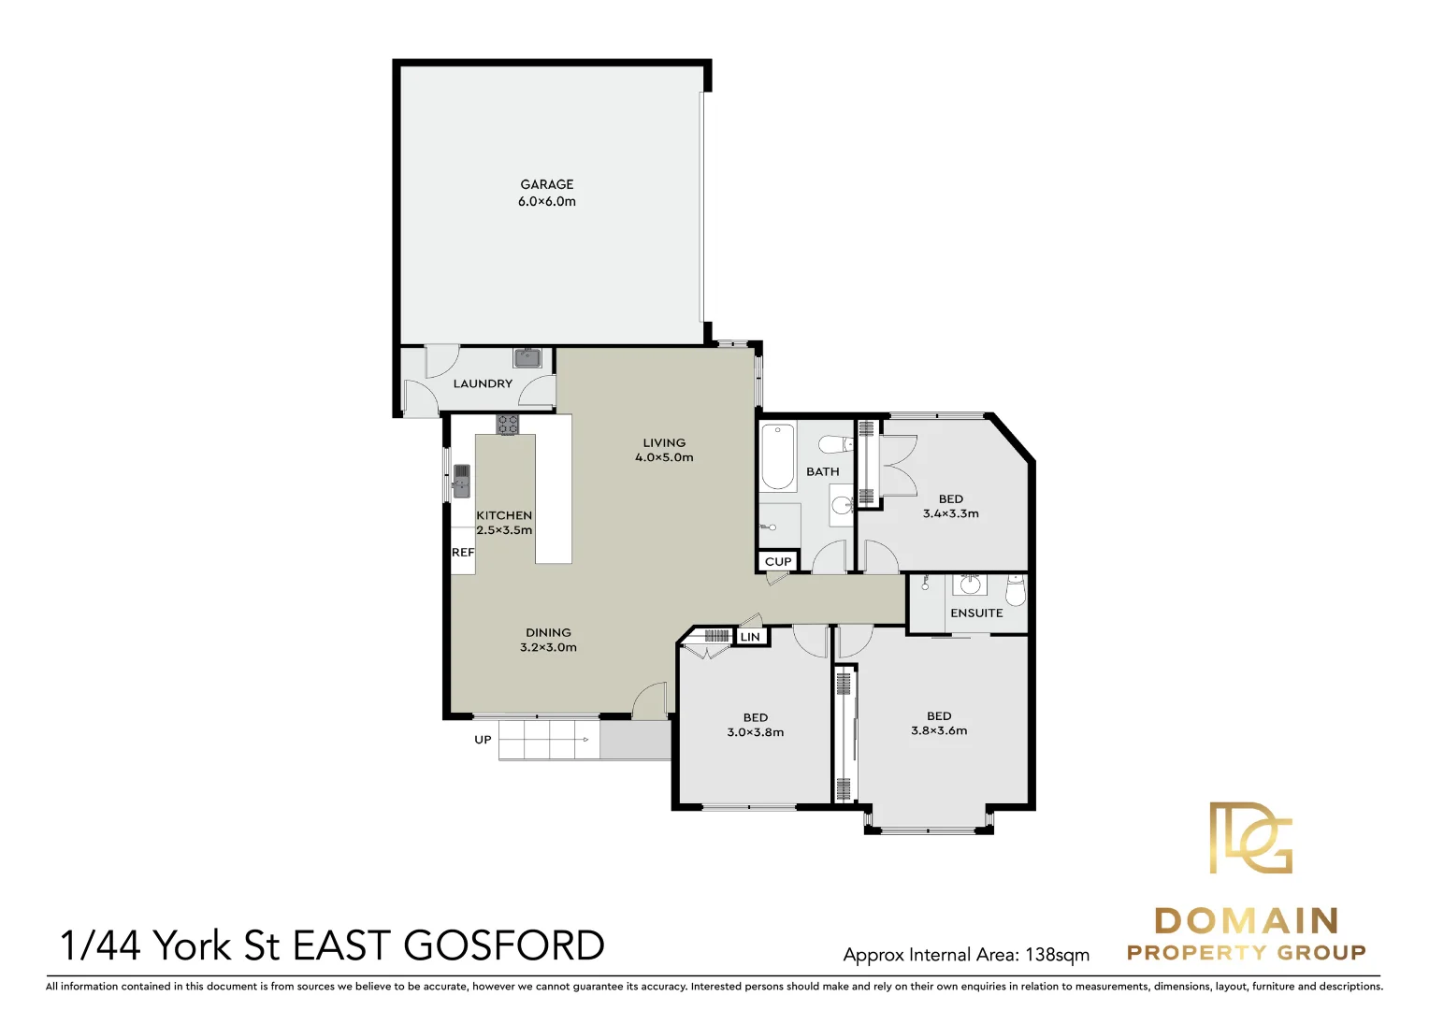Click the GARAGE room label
pyautogui.click(x=547, y=184)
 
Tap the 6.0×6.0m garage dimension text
pyautogui.click(x=547, y=202)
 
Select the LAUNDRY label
pyautogui.click(x=483, y=383)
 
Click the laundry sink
pyautogui.click(x=527, y=358)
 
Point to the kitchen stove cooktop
pyautogui.click(x=508, y=425)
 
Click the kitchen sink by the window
pyautogui.click(x=461, y=481)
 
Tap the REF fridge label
pyautogui.click(x=463, y=553)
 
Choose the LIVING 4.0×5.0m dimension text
pyautogui.click(x=664, y=457)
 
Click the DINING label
pyautogui.click(x=548, y=632)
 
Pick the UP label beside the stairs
pyautogui.click(x=483, y=740)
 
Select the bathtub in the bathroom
pyautogui.click(x=778, y=456)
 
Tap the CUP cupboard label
pyautogui.click(x=778, y=561)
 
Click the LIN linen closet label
pyautogui.click(x=750, y=637)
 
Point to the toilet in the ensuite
pyautogui.click(x=1015, y=590)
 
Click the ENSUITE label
pyautogui.click(x=976, y=613)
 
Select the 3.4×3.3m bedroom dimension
pyautogui.click(x=950, y=513)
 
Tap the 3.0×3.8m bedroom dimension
pyautogui.click(x=756, y=732)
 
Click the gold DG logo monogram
pyautogui.click(x=1251, y=837)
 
